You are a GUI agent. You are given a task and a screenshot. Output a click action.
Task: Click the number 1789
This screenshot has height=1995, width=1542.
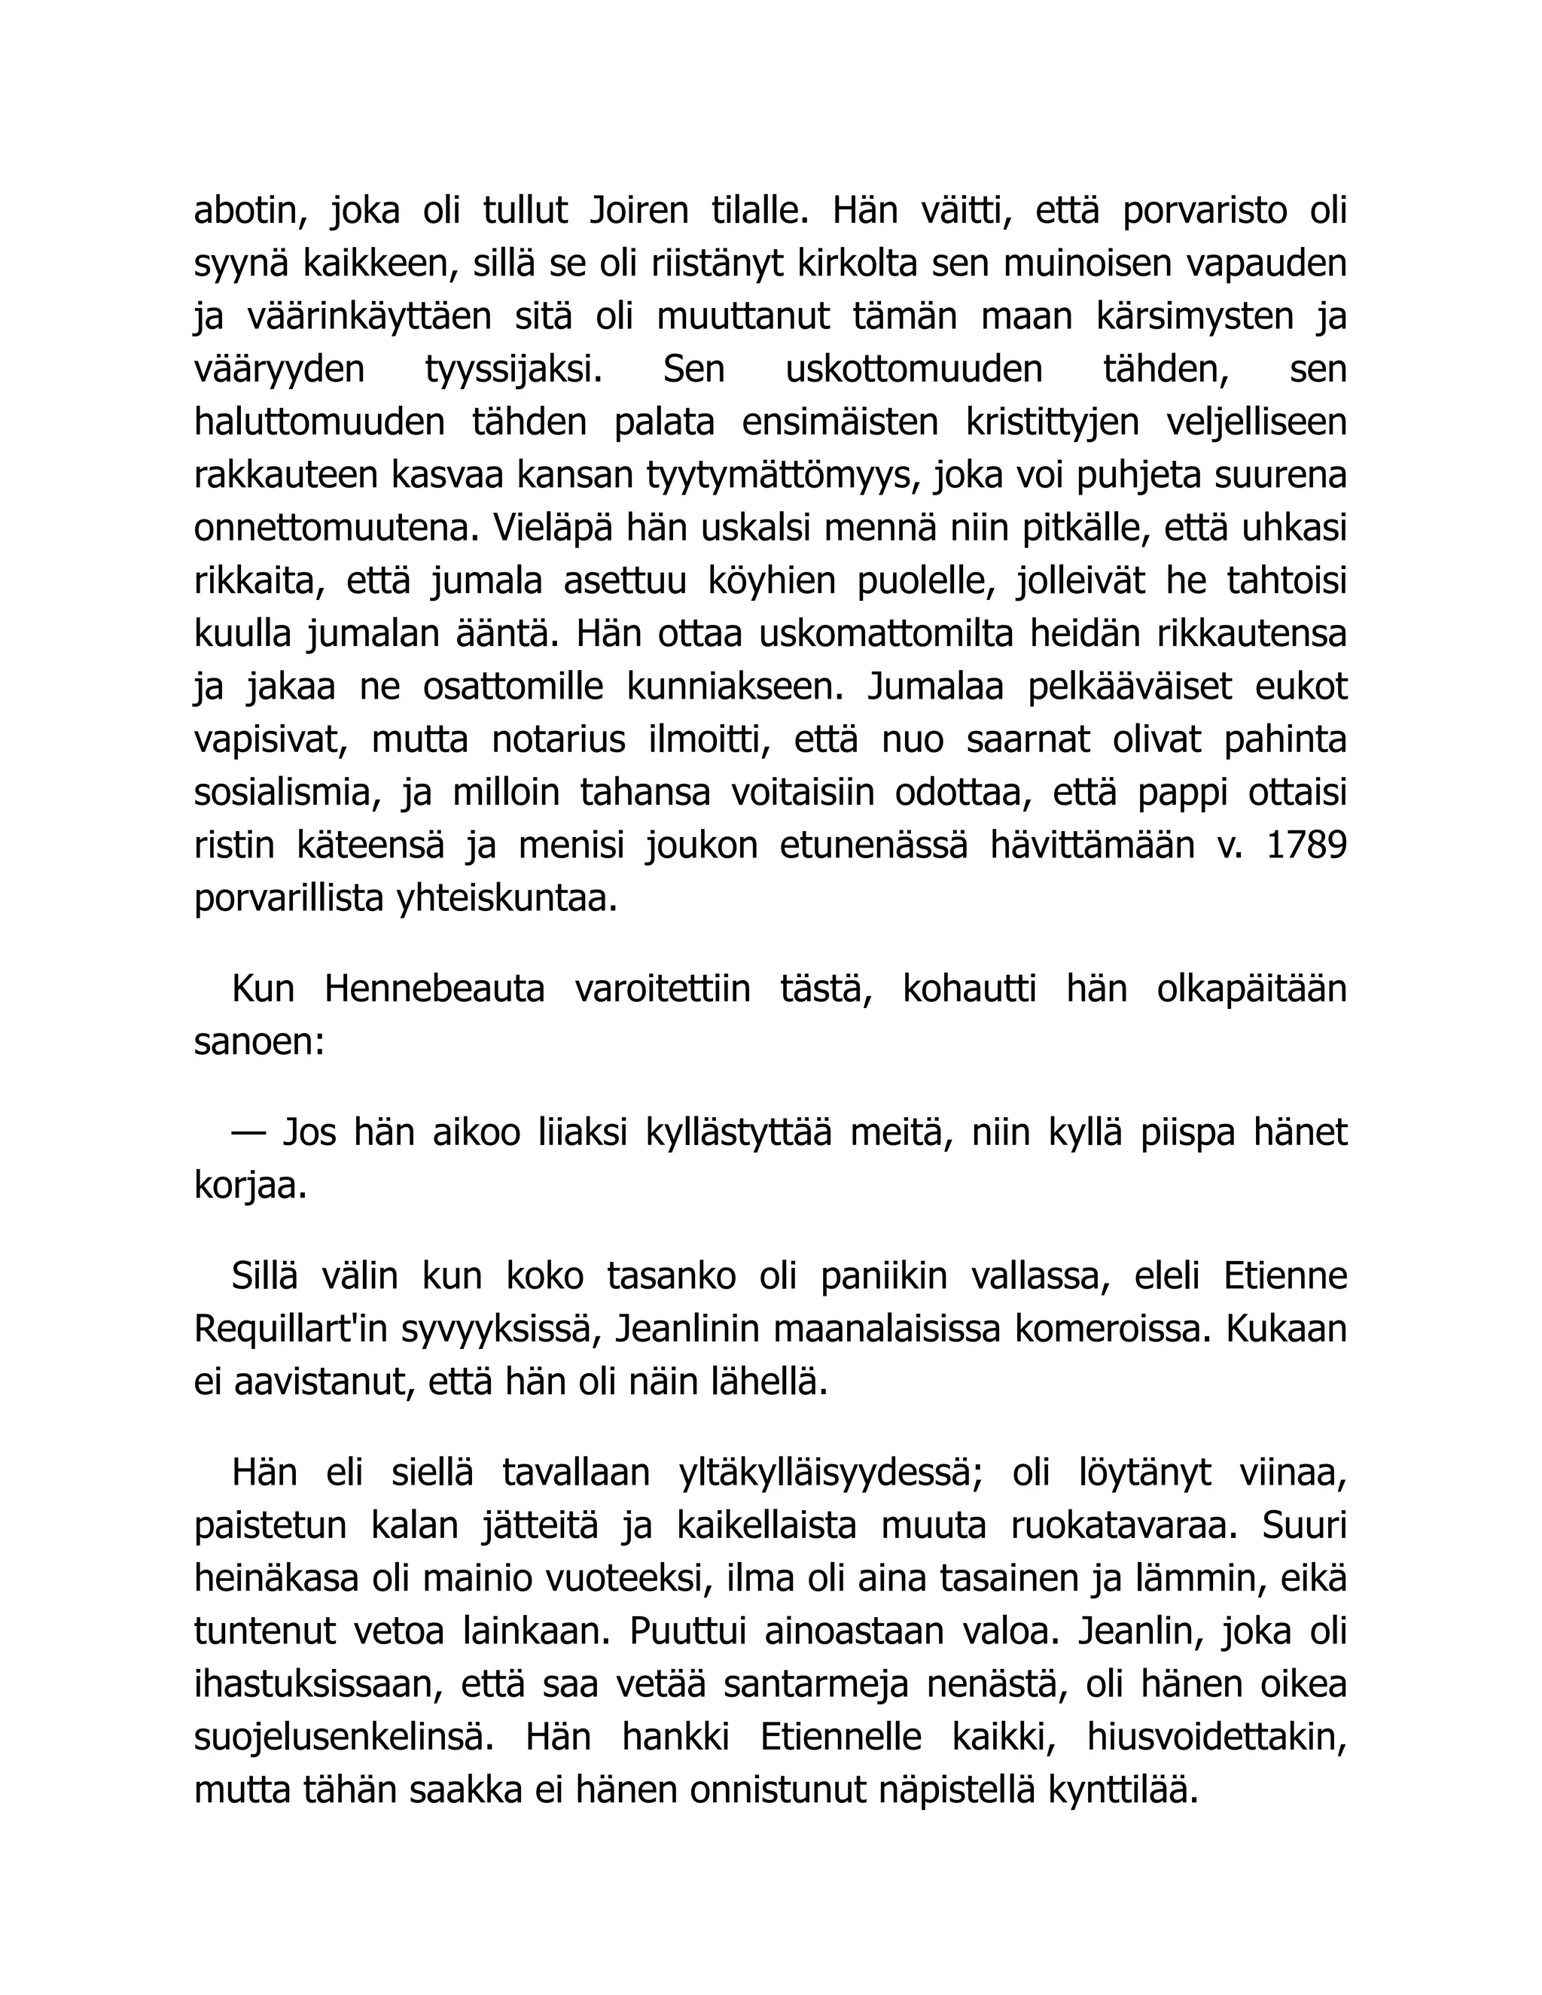(x=1307, y=846)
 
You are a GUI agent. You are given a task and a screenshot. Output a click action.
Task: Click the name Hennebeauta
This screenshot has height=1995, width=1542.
(x=434, y=989)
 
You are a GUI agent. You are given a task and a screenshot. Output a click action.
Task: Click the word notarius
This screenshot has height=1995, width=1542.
(x=558, y=740)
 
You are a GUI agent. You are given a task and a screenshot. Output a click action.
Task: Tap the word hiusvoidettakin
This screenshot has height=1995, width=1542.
(x=1217, y=1738)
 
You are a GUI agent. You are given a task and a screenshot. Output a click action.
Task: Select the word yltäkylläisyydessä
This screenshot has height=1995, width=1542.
(x=830, y=1473)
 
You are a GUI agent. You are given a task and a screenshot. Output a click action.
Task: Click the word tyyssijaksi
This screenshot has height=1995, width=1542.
(x=514, y=370)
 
